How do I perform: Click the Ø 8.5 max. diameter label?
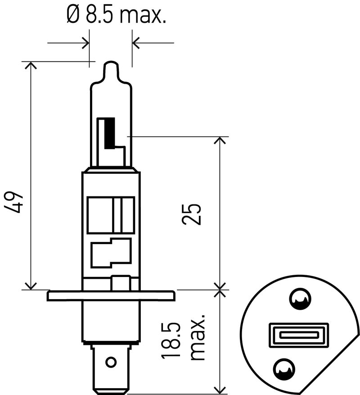pyautogui.click(x=117, y=16)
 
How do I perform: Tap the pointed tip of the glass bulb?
pyautogui.click(x=111, y=63)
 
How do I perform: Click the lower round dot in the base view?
pyautogui.click(x=284, y=368)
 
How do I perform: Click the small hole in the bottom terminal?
pyautogui.click(x=111, y=362)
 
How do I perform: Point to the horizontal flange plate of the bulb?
pyautogui.click(x=111, y=296)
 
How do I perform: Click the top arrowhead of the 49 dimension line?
pyautogui.click(x=31, y=65)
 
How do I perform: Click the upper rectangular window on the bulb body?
pyautogui.click(x=111, y=215)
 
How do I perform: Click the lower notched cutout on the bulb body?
pyautogui.click(x=111, y=252)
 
